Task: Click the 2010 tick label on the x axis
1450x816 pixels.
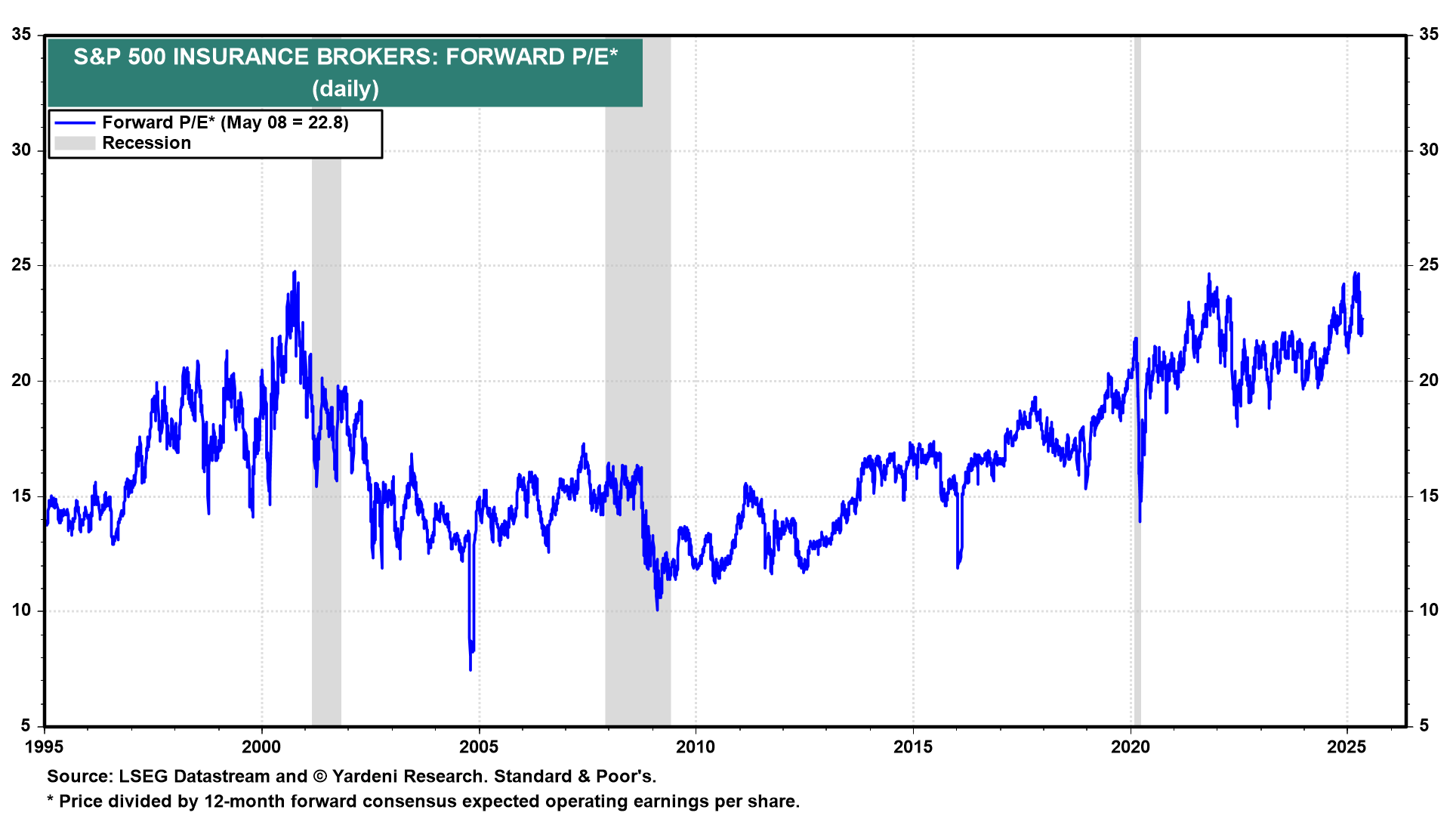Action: click(x=695, y=747)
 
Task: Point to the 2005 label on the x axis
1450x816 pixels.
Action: click(x=478, y=747)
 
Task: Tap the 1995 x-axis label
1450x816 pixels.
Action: click(x=44, y=747)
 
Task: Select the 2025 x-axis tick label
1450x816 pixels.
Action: click(x=1347, y=747)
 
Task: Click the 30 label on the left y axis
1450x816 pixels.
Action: click(x=21, y=150)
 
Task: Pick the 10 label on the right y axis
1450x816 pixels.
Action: click(x=1428, y=610)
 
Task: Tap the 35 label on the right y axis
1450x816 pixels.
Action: click(x=1428, y=34)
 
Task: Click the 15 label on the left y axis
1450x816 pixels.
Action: click(x=21, y=496)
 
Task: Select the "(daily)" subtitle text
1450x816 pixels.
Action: click(x=345, y=89)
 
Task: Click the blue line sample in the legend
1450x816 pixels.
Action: click(x=75, y=123)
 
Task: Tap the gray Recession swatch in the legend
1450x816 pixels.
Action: click(x=75, y=144)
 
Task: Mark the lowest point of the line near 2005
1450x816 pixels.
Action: click(x=470, y=669)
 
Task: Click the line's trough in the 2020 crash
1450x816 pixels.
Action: click(x=1140, y=521)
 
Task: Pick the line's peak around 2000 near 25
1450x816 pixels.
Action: click(x=295, y=271)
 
